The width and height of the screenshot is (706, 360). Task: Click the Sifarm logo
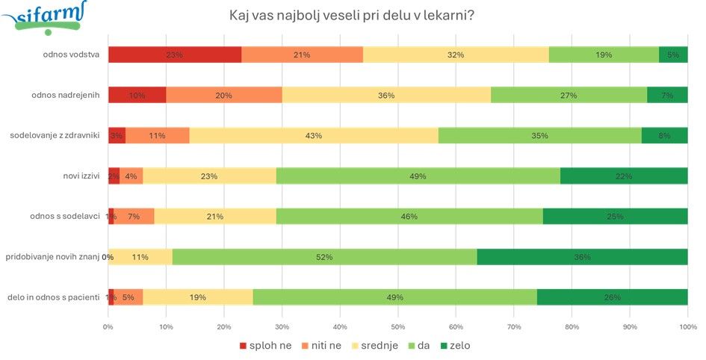44,17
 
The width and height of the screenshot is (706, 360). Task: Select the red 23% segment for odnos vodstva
175,55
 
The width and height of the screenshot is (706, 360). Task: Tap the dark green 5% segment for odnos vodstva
673,55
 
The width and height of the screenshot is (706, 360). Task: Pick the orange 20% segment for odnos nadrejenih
224,95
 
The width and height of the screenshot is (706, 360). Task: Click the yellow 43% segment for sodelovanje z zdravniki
314,135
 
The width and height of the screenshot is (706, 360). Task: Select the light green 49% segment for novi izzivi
418,176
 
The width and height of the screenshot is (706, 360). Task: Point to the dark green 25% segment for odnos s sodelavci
616,217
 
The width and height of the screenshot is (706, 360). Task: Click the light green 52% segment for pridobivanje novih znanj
325,257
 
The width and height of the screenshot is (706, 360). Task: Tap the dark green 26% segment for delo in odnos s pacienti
613,297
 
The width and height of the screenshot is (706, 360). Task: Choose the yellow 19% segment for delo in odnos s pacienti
198,297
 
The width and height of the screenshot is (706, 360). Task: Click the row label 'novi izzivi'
82,176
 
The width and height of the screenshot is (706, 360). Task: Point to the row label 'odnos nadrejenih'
66,95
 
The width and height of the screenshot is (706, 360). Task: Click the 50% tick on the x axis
398,327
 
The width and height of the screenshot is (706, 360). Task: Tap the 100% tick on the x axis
687,327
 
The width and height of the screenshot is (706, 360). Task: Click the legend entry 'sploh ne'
265,346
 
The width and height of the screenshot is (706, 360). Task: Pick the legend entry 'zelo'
455,346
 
